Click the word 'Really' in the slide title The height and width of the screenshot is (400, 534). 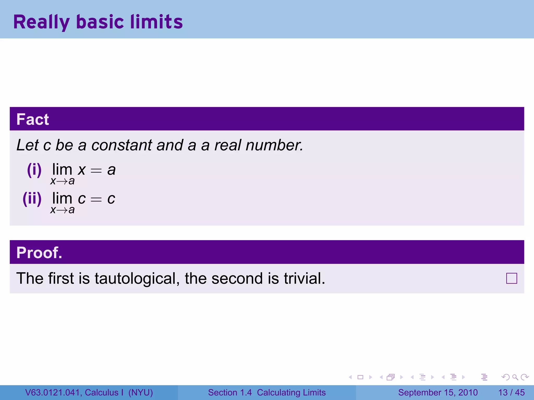41,22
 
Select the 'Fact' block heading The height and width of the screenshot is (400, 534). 33,119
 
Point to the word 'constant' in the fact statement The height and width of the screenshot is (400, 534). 122,145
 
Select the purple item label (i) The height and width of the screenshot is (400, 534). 34,170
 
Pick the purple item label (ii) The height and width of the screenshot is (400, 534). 32,199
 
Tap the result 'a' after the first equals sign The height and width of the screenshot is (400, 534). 111,170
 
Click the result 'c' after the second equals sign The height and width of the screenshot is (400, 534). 111,199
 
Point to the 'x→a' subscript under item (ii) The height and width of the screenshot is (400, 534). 63,210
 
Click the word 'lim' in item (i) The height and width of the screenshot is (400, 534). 62,170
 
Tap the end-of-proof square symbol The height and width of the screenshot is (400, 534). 511,278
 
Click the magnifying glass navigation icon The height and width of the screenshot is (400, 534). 515,377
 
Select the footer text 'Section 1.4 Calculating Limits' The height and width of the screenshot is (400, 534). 267,392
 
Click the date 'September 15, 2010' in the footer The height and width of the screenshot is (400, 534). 438,392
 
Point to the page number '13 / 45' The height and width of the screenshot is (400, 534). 511,392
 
